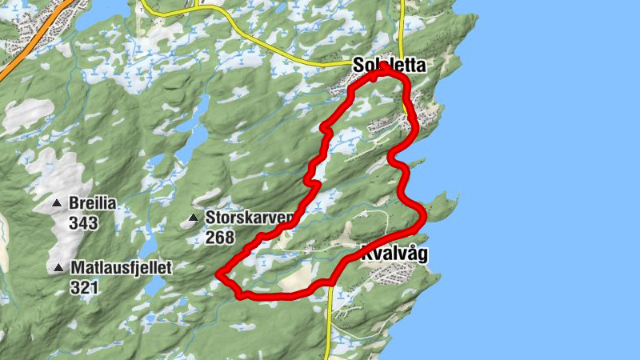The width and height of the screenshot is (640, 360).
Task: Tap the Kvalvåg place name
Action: (x=394, y=254)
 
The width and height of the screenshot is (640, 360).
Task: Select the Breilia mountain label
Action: (x=93, y=204)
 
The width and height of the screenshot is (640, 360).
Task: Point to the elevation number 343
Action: (x=83, y=222)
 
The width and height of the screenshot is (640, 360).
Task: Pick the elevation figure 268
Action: (x=220, y=238)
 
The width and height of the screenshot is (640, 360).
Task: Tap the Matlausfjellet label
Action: (x=121, y=267)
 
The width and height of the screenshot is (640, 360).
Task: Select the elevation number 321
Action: (x=83, y=286)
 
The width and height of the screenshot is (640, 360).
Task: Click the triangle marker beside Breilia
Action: (x=57, y=204)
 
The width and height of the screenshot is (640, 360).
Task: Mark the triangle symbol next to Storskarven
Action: (x=193, y=218)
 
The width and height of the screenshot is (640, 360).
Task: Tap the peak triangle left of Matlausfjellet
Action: (x=57, y=268)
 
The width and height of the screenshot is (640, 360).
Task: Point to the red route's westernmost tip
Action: (x=218, y=274)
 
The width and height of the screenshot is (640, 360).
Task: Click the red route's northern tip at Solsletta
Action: (x=382, y=69)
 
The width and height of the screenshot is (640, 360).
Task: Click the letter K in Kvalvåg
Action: (x=368, y=254)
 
